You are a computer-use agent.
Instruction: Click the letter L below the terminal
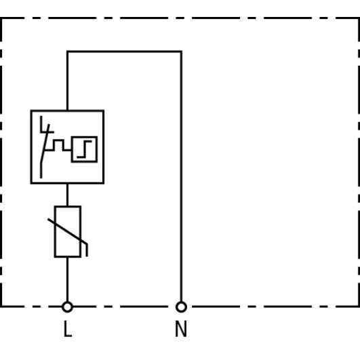tap(68, 329)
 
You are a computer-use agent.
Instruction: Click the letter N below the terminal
tap(181, 329)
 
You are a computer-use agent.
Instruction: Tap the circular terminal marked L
tap(67, 307)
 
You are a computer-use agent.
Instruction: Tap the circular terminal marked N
tap(181, 307)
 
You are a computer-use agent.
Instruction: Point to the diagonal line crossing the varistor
tap(67, 231)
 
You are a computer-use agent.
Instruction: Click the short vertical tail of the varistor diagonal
tap(87, 250)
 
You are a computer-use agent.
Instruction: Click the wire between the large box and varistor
tap(67, 195)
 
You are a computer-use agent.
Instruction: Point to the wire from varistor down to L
tap(67, 279)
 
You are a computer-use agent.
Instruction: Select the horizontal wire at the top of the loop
tap(124, 52)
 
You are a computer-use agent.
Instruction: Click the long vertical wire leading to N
tap(181, 176)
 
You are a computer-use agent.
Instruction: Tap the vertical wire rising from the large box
tap(67, 81)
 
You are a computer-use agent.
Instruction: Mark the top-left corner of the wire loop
tap(67, 52)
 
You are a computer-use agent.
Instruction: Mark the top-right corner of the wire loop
tap(181, 52)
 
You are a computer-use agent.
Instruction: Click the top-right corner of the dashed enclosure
tap(359, 18)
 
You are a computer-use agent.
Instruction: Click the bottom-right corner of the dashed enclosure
tap(359, 306)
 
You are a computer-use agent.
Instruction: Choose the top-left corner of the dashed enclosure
tap(1, 18)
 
